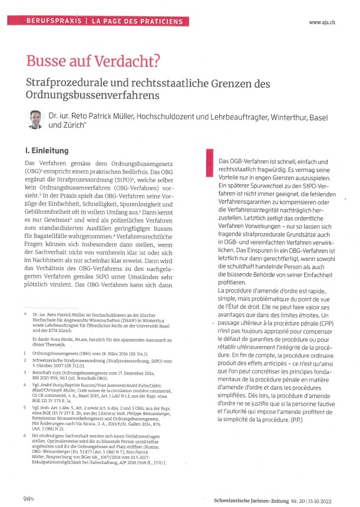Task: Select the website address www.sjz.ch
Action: [x=321, y=22]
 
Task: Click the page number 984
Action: [x=29, y=483]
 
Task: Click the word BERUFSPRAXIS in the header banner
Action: [x=54, y=21]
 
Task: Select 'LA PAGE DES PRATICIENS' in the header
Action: [x=130, y=21]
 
